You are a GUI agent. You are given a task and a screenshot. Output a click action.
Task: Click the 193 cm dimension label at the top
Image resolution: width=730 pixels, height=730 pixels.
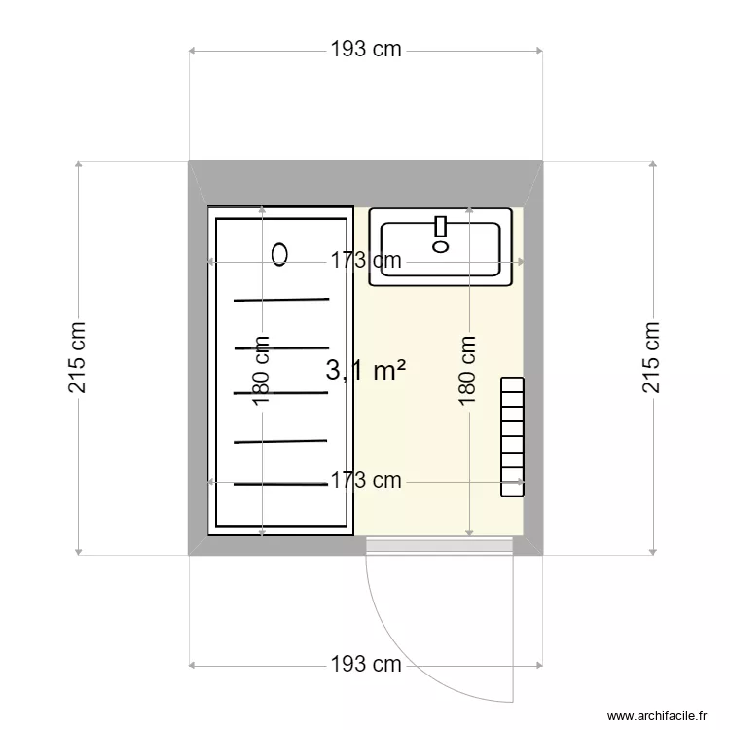click(x=365, y=50)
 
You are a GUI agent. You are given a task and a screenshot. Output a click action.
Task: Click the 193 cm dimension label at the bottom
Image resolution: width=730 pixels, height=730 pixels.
click(x=365, y=665)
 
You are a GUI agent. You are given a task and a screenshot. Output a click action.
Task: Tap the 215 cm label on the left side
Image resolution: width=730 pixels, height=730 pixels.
click(x=78, y=358)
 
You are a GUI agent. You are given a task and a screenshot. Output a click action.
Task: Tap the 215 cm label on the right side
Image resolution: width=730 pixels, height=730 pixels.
click(x=651, y=358)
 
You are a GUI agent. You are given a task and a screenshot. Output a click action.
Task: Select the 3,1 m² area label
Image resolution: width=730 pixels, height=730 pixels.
click(x=365, y=371)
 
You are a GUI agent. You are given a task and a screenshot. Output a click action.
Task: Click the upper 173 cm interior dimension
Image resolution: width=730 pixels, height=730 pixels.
click(x=364, y=261)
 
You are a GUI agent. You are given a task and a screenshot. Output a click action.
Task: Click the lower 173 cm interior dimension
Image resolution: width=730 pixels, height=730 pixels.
click(x=364, y=480)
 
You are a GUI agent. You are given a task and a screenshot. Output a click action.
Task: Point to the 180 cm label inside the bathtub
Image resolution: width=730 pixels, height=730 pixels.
click(x=261, y=370)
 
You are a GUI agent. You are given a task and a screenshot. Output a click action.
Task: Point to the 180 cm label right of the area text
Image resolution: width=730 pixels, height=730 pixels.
click(x=468, y=370)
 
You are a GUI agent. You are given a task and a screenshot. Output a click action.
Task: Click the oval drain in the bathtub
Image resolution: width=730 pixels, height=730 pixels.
click(x=280, y=255)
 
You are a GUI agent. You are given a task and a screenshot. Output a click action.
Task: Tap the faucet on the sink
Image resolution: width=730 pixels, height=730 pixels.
click(x=440, y=227)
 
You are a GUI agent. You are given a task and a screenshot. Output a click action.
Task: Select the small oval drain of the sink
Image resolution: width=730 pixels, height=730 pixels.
click(x=440, y=246)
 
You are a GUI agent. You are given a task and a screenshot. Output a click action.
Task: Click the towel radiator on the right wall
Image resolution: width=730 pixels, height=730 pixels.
click(x=512, y=438)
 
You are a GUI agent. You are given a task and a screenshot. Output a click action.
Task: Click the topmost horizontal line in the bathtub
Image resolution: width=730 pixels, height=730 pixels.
click(x=281, y=300)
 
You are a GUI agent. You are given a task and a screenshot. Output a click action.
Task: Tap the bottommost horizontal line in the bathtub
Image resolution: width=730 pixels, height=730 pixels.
click(x=281, y=484)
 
